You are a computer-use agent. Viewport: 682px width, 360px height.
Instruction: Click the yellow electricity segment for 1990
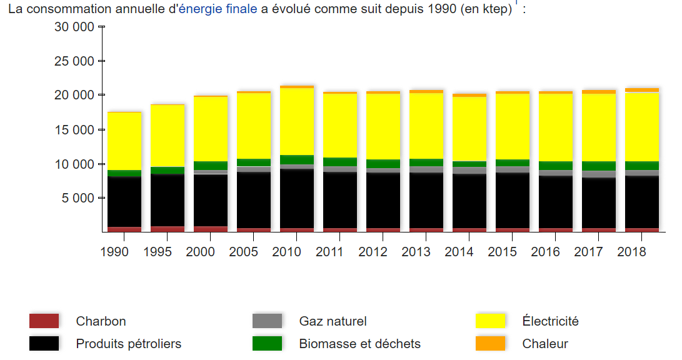(x=124, y=141)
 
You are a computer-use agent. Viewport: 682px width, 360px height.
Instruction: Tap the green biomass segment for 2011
(x=340, y=162)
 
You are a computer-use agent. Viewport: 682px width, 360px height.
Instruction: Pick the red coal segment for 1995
(x=167, y=229)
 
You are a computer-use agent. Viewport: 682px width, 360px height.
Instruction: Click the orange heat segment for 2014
(x=469, y=95)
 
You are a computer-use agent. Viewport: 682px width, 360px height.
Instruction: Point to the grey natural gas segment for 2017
(x=599, y=174)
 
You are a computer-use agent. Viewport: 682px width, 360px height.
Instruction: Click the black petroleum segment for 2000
(x=210, y=200)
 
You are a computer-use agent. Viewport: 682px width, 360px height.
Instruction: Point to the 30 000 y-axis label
(x=74, y=27)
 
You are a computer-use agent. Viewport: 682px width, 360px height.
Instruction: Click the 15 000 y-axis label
(x=74, y=130)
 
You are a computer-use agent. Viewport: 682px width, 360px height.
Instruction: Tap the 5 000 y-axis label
(x=78, y=198)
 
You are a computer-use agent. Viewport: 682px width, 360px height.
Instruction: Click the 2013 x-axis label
(x=426, y=252)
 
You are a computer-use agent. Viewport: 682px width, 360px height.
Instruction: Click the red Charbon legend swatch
(x=44, y=321)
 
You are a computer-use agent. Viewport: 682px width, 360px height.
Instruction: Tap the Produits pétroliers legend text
(x=129, y=344)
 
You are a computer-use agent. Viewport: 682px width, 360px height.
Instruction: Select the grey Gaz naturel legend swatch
(x=267, y=321)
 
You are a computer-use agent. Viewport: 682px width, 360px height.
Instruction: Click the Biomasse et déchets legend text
(x=359, y=344)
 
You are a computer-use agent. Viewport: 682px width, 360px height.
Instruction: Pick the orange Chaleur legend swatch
(x=490, y=344)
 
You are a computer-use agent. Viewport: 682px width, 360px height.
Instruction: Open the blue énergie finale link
(x=218, y=10)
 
